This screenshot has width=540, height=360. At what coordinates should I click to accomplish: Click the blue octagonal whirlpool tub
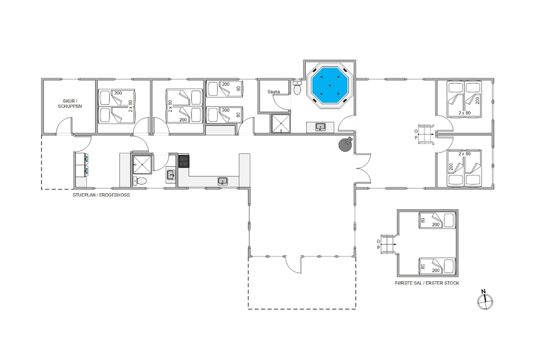(x=329, y=85)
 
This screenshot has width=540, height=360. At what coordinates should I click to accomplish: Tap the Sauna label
(x=274, y=92)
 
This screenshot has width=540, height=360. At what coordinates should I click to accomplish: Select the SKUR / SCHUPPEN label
(x=70, y=104)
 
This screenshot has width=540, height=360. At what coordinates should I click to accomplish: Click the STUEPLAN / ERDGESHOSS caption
(x=102, y=195)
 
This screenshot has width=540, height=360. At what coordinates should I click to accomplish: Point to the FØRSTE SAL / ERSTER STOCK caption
(x=427, y=283)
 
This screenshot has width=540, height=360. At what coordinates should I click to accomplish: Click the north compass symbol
(x=485, y=301)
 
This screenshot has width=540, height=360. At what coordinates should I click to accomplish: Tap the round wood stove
(x=346, y=144)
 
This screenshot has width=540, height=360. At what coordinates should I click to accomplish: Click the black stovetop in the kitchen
(x=184, y=161)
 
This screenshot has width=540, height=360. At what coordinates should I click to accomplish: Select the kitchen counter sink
(x=222, y=181)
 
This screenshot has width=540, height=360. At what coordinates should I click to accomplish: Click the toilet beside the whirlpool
(x=297, y=87)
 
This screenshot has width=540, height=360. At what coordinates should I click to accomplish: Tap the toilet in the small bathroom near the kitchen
(x=140, y=181)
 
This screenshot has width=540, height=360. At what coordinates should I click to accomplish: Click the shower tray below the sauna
(x=281, y=123)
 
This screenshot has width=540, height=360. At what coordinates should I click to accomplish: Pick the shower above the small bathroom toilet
(x=143, y=165)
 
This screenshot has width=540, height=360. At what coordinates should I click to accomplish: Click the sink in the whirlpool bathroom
(x=320, y=127)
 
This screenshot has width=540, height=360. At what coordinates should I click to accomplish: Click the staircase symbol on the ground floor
(x=427, y=134)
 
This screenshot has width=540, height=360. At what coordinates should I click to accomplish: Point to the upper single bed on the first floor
(x=437, y=220)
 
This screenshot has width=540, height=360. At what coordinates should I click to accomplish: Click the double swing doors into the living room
(x=363, y=168)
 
